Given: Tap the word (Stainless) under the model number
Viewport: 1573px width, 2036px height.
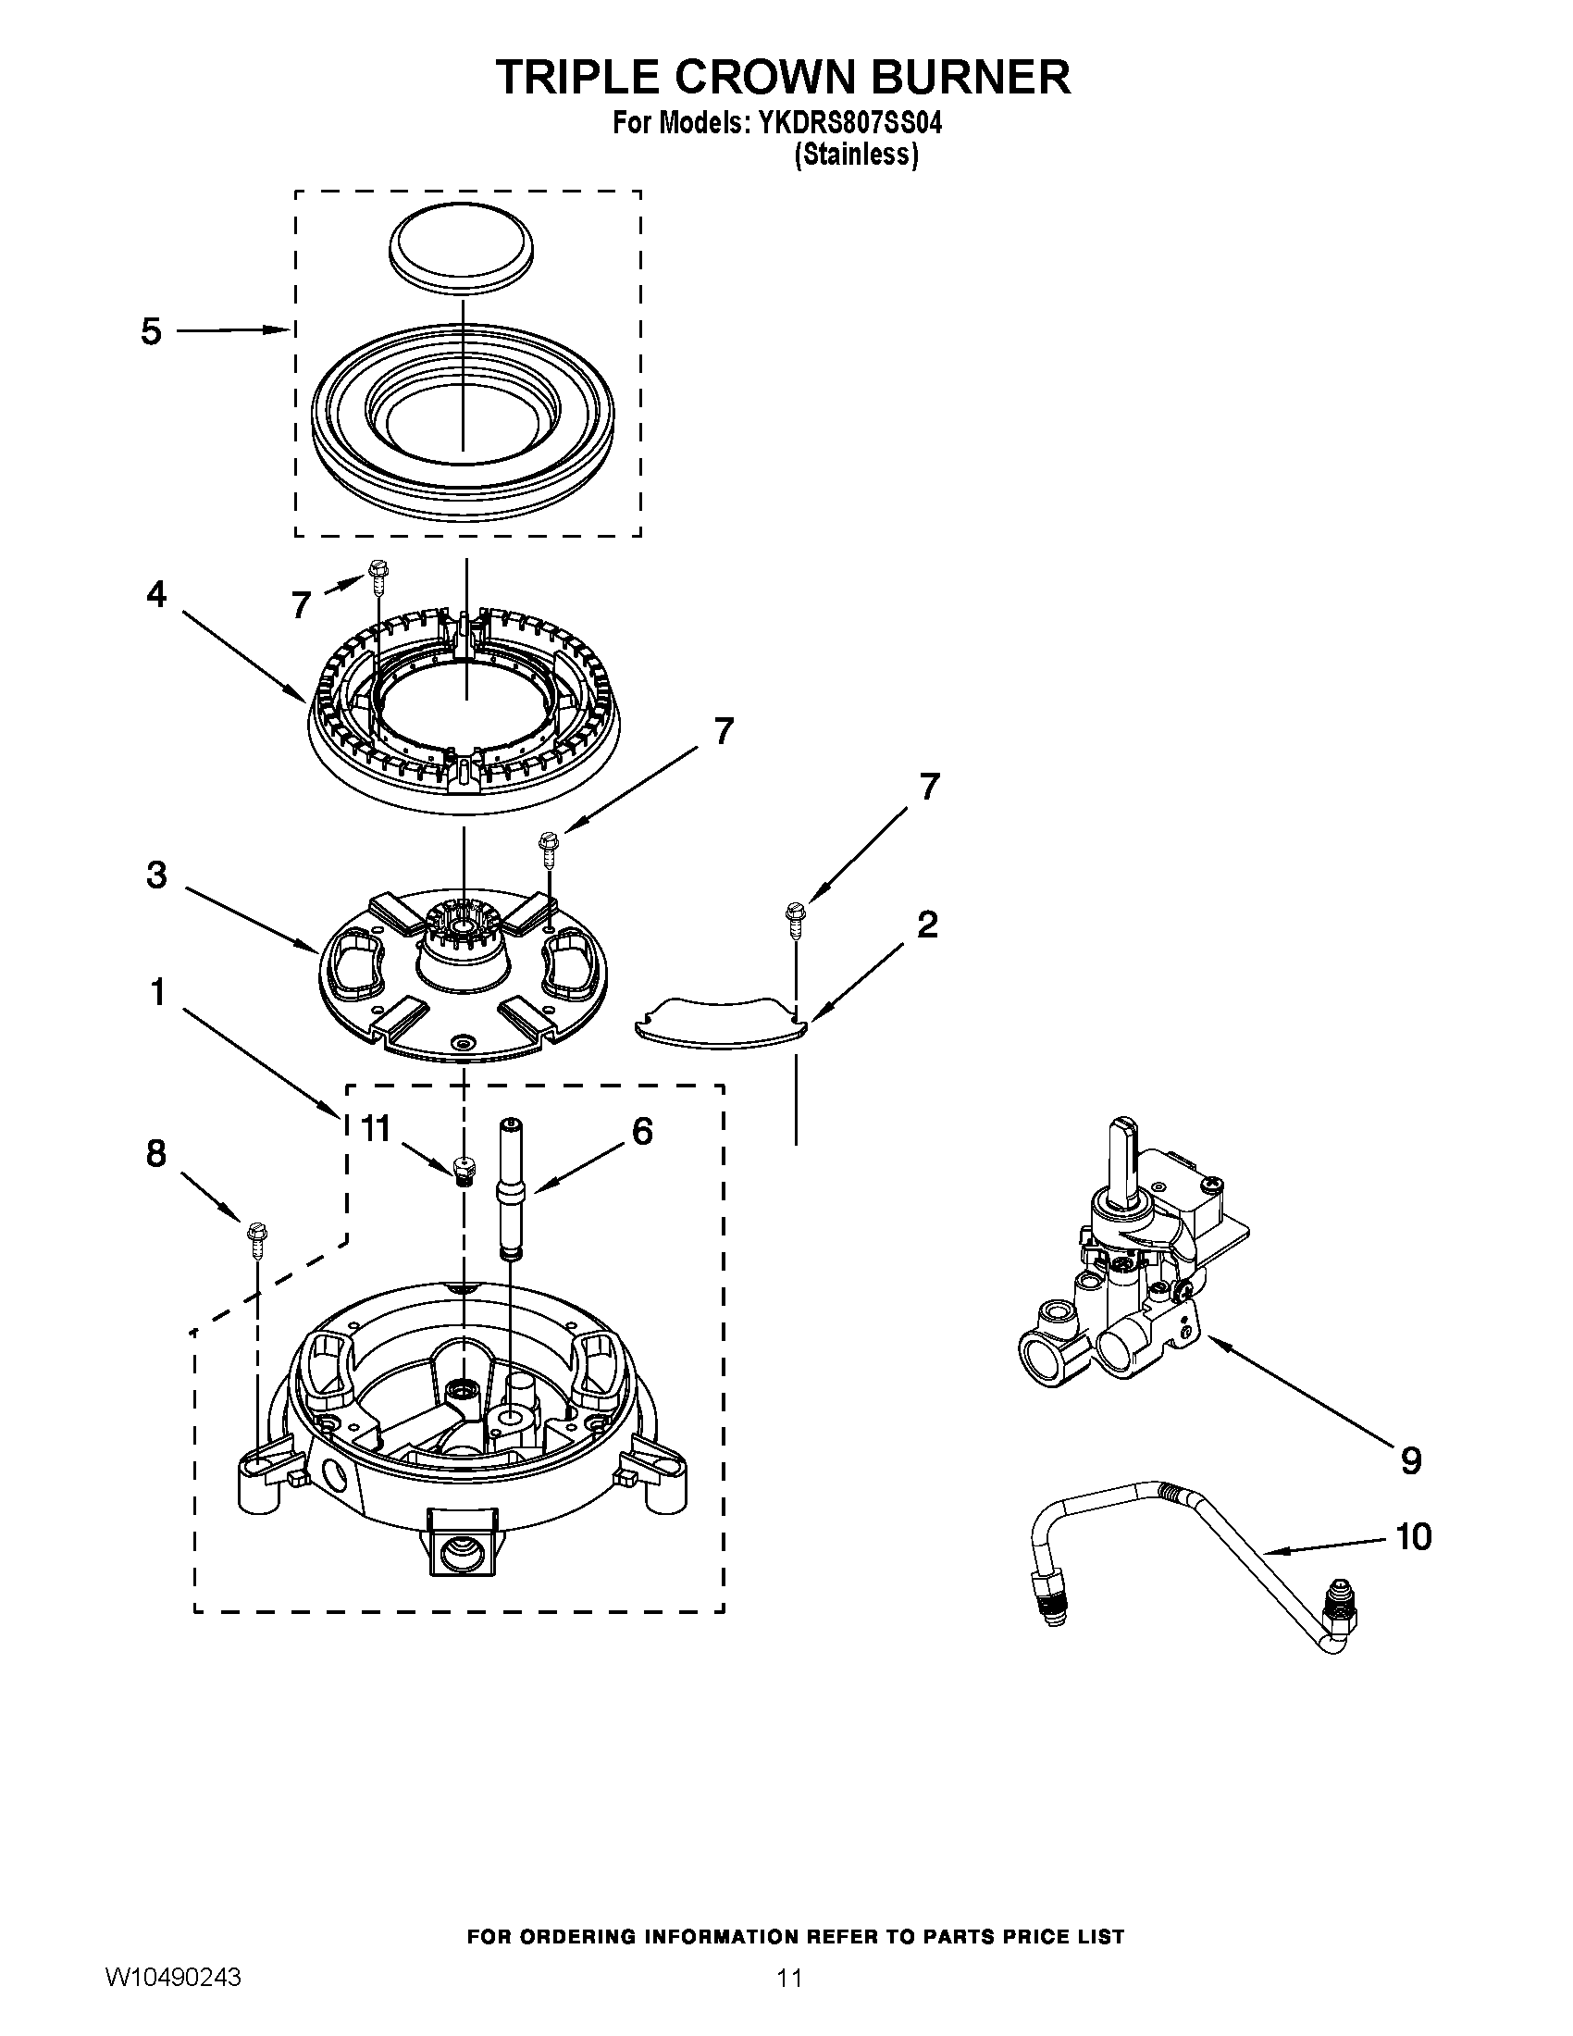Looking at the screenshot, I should (856, 155).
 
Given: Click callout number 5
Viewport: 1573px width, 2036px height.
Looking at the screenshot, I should (151, 331).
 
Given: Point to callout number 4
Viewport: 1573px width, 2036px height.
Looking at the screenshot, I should (156, 594).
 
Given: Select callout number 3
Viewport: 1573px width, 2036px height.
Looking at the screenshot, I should (156, 875).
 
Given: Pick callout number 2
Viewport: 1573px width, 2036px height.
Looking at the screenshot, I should (926, 924).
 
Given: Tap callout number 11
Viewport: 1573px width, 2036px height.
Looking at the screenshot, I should (375, 1129).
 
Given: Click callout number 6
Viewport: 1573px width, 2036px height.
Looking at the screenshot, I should (642, 1131).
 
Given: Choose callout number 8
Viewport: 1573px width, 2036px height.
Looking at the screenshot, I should (155, 1153).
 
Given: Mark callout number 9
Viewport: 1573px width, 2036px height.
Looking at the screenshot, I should (1411, 1459).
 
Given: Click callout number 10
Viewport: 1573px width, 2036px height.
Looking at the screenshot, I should (1414, 1536).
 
